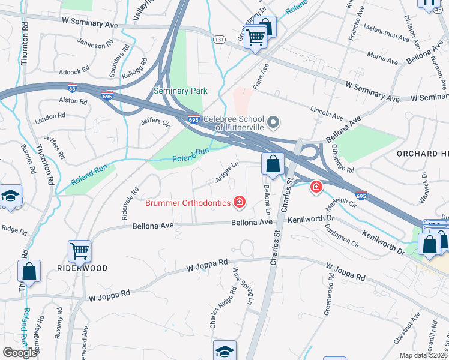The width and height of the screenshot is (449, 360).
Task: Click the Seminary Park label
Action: pos(180,91)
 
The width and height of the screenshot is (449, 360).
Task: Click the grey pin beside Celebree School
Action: pos(274,123)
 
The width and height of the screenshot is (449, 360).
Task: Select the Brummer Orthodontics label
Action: pos(188,203)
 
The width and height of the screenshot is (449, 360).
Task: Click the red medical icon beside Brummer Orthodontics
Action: pos(240,202)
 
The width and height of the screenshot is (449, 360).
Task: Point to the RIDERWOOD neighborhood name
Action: pos(83,268)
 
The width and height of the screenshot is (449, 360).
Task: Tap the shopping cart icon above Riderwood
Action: pos(79,251)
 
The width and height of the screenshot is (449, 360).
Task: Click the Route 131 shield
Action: pos(219,38)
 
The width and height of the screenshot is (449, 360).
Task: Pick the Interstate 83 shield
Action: pos(72,88)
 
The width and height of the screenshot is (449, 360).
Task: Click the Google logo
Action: pos(20,353)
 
